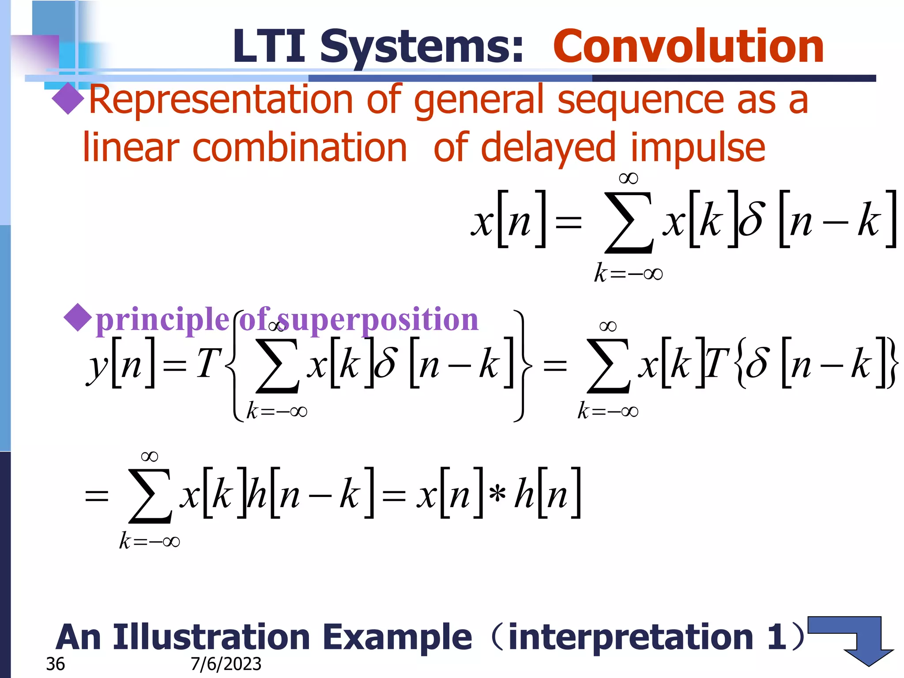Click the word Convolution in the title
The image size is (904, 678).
click(x=689, y=46)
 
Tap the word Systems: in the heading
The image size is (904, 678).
click(x=422, y=46)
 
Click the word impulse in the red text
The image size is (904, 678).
click(x=698, y=147)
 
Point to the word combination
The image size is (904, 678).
click(x=300, y=147)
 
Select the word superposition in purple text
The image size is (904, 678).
click(x=377, y=319)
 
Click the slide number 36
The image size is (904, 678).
click(x=55, y=664)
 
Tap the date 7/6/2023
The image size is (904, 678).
click(x=226, y=664)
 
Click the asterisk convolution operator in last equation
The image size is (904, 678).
click(x=497, y=493)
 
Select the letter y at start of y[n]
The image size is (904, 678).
click(x=97, y=366)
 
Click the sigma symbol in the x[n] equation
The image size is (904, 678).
click(x=629, y=223)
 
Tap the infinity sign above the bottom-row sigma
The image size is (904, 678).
click(x=149, y=456)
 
